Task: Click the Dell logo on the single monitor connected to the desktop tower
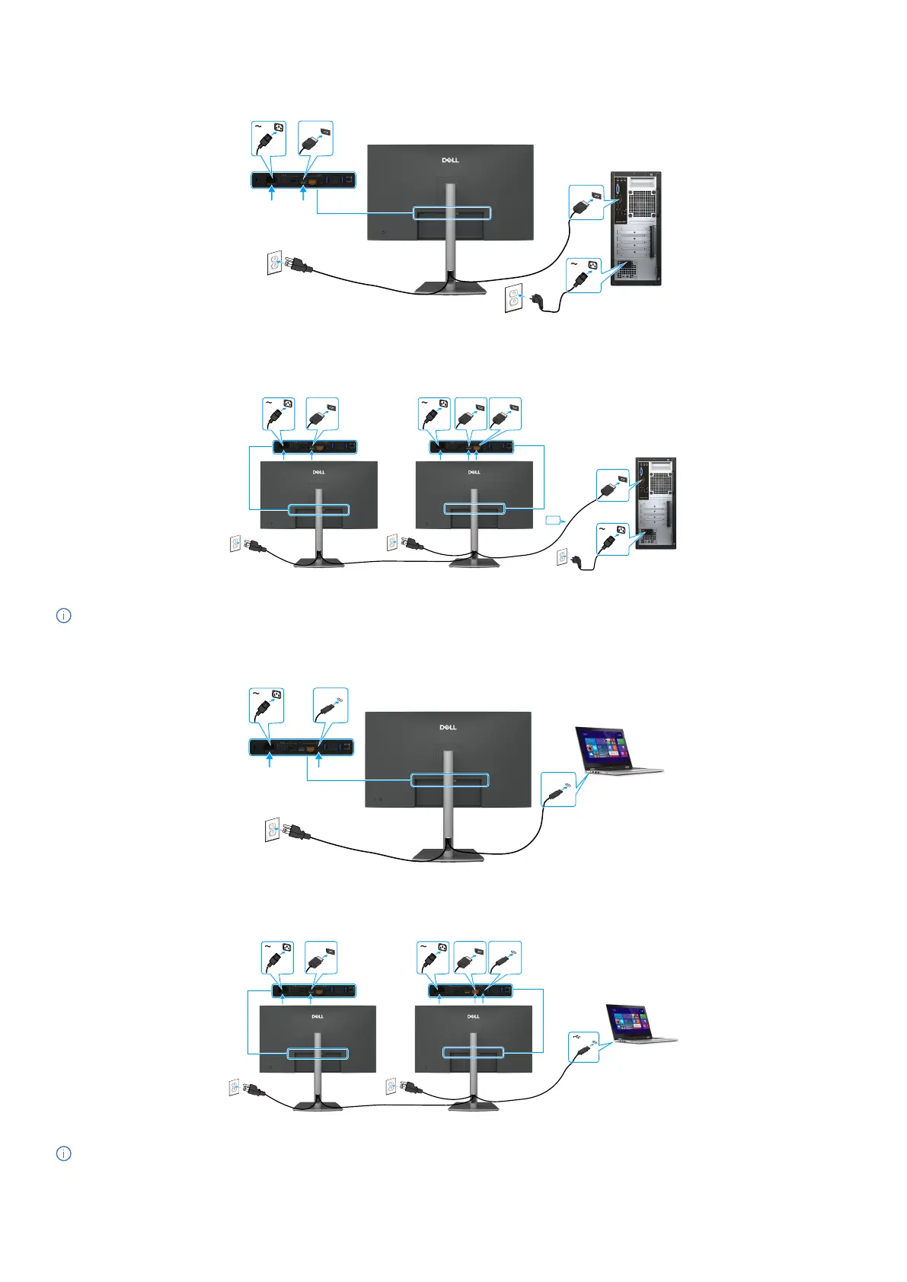click(450, 161)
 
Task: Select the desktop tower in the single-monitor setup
click(635, 228)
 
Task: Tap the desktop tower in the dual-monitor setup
click(654, 502)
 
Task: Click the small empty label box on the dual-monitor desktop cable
click(552, 521)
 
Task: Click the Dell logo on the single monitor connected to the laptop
click(448, 728)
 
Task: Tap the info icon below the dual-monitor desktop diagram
click(64, 615)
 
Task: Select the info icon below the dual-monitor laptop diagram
click(64, 1153)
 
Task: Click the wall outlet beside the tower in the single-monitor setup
click(514, 298)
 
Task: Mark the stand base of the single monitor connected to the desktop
click(450, 287)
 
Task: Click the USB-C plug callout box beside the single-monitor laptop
click(558, 789)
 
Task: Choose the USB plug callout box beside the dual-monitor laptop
click(584, 1045)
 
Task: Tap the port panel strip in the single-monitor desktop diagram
click(303, 180)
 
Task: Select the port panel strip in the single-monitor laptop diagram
click(302, 747)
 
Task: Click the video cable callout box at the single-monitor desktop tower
click(586, 202)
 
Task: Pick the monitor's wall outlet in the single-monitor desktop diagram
click(275, 263)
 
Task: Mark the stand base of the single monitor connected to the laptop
click(448, 854)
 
